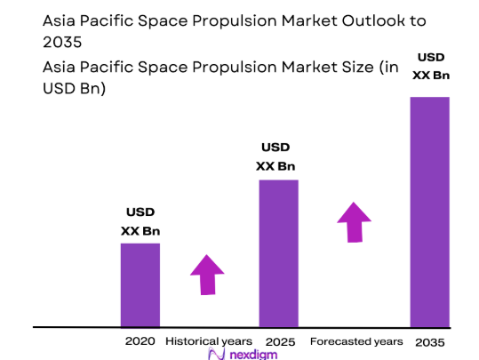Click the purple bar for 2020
(x=140, y=284)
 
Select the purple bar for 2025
(x=278, y=253)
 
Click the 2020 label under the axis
(x=140, y=341)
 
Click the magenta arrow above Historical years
(x=208, y=275)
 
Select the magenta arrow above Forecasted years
(x=355, y=222)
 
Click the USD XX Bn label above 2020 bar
(x=140, y=222)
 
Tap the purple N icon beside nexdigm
(x=214, y=354)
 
